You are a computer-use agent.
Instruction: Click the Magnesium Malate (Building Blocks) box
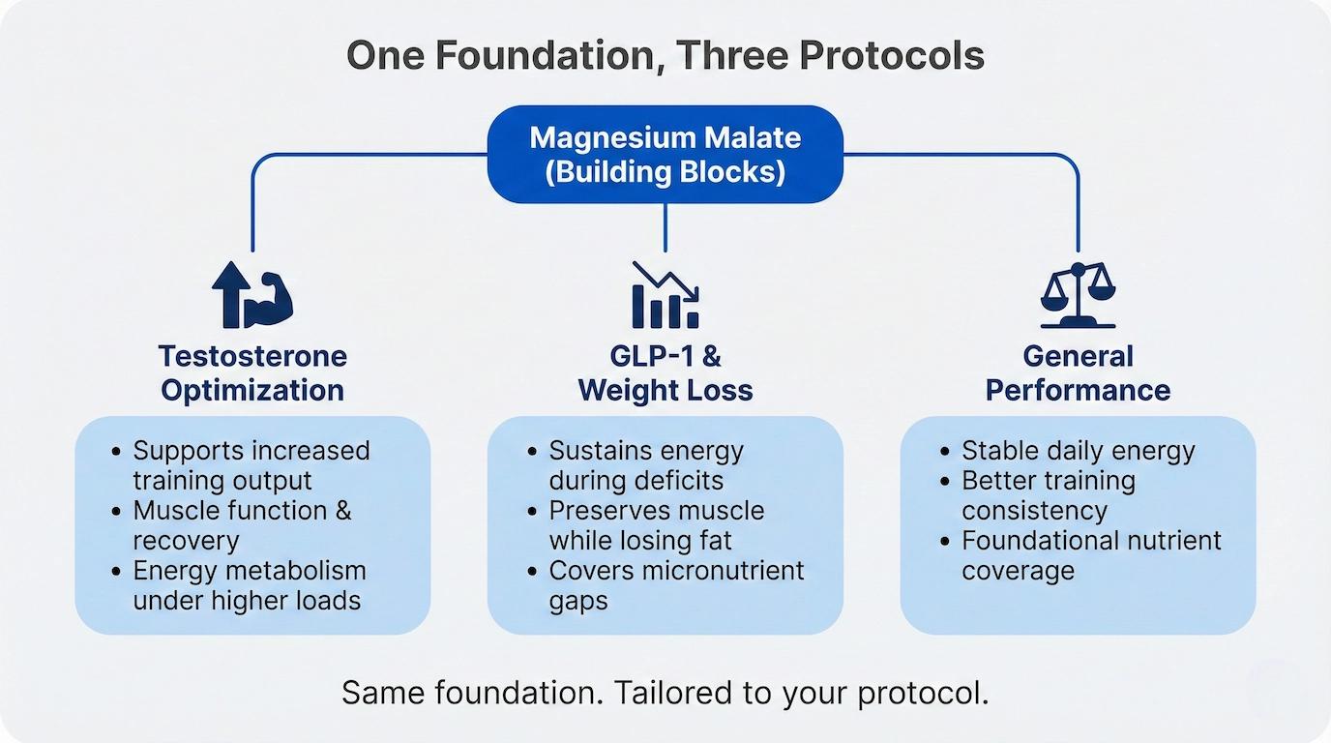coord(665,155)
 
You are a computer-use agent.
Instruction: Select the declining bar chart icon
coord(665,295)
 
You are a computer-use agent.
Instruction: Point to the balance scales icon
coord(1078,295)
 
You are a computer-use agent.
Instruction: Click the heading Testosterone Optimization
coord(252,373)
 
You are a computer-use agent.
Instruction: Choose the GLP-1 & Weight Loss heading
coord(665,373)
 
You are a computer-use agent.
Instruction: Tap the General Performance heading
coord(1078,373)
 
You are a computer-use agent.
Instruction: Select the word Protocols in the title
coord(892,55)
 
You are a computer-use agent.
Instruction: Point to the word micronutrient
coord(724,571)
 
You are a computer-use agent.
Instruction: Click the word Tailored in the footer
coord(672,693)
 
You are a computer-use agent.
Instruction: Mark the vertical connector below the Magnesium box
coord(665,227)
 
